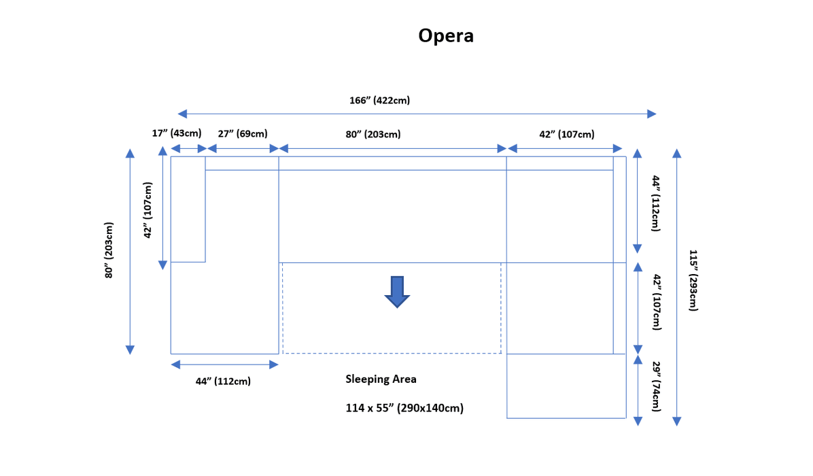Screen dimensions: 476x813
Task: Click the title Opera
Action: (x=445, y=36)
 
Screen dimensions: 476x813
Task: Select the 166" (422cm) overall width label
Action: (x=379, y=100)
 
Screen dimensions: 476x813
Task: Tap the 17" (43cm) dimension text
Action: (x=176, y=133)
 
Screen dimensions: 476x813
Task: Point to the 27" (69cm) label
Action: (x=243, y=134)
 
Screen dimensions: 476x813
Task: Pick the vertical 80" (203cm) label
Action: (x=109, y=251)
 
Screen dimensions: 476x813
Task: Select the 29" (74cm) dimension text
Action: (x=657, y=386)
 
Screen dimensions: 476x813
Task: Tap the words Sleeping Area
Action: (x=381, y=379)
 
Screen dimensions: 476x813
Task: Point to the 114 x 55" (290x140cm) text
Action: (x=404, y=408)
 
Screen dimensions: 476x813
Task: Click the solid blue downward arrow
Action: (x=396, y=292)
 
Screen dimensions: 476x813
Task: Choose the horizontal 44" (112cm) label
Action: (x=223, y=381)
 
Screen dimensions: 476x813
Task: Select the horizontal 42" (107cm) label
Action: (x=567, y=134)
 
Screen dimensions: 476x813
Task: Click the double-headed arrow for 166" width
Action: (x=417, y=114)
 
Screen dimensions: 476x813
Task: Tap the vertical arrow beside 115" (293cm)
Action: (x=677, y=286)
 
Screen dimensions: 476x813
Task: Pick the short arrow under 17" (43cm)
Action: (x=188, y=149)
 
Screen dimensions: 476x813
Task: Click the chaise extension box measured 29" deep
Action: (x=566, y=386)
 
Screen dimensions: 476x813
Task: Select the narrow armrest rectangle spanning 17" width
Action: (x=188, y=209)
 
